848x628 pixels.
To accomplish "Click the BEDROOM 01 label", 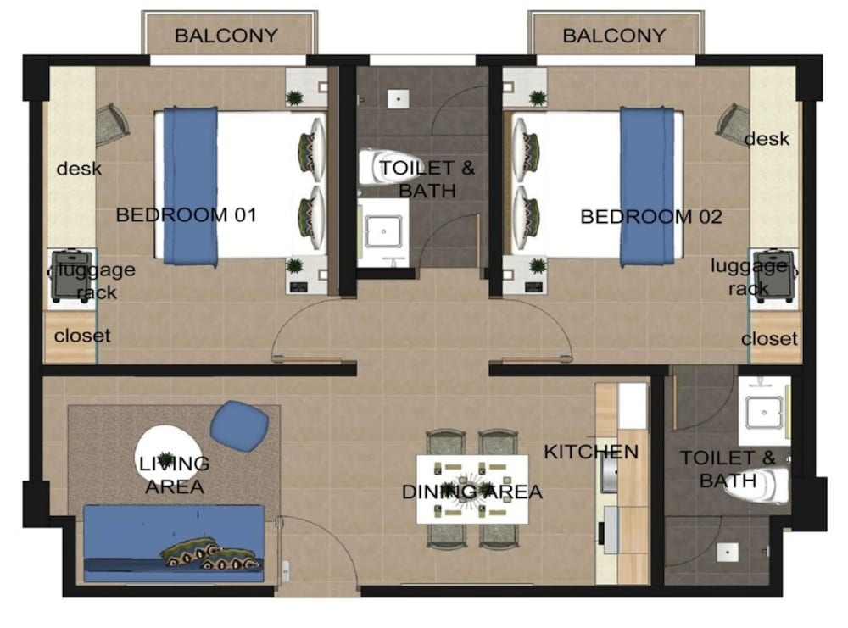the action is [186, 215].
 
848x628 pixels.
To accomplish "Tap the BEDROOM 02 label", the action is [651, 217].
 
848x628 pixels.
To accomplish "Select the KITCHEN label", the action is [591, 452].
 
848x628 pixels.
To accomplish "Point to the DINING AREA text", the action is [472, 492].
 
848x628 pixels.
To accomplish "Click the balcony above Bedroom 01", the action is [229, 34].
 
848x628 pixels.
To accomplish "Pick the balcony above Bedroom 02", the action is [616, 34].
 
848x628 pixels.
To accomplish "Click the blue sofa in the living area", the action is [174, 543].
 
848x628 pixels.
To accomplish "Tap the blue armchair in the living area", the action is [239, 422].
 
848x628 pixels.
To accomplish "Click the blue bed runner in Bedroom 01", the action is [191, 186].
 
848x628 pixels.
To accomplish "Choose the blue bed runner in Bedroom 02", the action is [647, 186].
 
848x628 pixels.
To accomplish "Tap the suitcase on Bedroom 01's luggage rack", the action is [71, 275].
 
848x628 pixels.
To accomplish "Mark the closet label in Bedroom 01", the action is [82, 336].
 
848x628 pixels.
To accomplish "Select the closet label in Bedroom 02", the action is [769, 339].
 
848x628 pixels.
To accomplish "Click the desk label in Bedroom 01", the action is [79, 169].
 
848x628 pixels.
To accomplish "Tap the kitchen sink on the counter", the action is [610, 472].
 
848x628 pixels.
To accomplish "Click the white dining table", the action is [472, 490].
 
